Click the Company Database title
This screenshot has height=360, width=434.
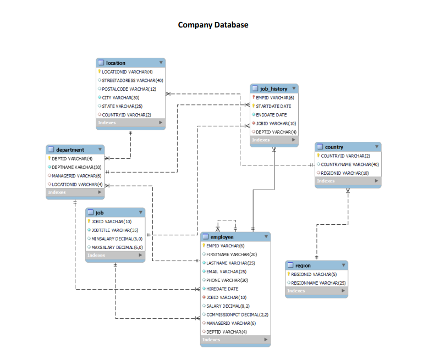(213, 25)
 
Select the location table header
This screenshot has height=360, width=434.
(116, 63)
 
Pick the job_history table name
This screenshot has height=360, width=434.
(273, 88)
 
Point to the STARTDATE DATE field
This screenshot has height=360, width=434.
(273, 106)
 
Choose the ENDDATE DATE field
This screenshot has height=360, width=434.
(271, 115)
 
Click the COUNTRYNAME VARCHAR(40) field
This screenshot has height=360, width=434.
(349, 164)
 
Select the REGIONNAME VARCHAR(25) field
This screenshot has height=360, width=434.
(318, 283)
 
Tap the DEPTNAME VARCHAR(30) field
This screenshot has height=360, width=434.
(76, 167)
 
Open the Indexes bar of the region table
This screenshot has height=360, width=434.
(316, 291)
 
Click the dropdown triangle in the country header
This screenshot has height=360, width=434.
(376, 147)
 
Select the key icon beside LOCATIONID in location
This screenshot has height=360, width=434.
(99, 71)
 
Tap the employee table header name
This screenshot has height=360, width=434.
(222, 237)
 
